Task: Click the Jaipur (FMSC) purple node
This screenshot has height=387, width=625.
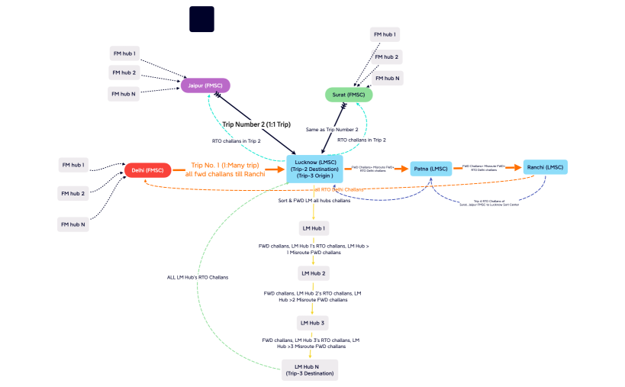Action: pyautogui.click(x=205, y=85)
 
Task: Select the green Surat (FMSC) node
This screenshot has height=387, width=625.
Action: pyautogui.click(x=348, y=95)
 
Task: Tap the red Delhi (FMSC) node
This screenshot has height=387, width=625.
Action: pyautogui.click(x=147, y=169)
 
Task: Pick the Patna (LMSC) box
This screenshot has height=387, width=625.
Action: pyautogui.click(x=431, y=169)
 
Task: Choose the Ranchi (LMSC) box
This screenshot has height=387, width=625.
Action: pyautogui.click(x=545, y=167)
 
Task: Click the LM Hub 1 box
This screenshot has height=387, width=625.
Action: pyautogui.click(x=313, y=227)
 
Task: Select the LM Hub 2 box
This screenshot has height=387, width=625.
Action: pyautogui.click(x=313, y=273)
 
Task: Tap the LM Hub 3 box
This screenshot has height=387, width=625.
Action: pyautogui.click(x=313, y=322)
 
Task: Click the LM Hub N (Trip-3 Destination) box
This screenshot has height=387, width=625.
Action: pyautogui.click(x=310, y=370)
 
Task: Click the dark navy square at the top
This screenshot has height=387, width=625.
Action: pyautogui.click(x=201, y=19)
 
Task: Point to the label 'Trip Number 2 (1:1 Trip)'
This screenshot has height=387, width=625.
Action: pyautogui.click(x=256, y=124)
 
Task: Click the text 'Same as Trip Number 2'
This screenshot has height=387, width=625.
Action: pyautogui.click(x=331, y=130)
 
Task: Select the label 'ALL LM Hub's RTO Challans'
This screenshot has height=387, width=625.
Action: pyautogui.click(x=198, y=277)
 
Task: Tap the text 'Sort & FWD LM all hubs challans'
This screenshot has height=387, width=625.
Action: pyautogui.click(x=314, y=200)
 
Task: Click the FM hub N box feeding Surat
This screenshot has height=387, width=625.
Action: pyautogui.click(x=388, y=78)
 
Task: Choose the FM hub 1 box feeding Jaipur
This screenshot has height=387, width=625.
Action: pyautogui.click(x=124, y=53)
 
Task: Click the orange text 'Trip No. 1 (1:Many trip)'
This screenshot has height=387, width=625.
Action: pyautogui.click(x=225, y=165)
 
